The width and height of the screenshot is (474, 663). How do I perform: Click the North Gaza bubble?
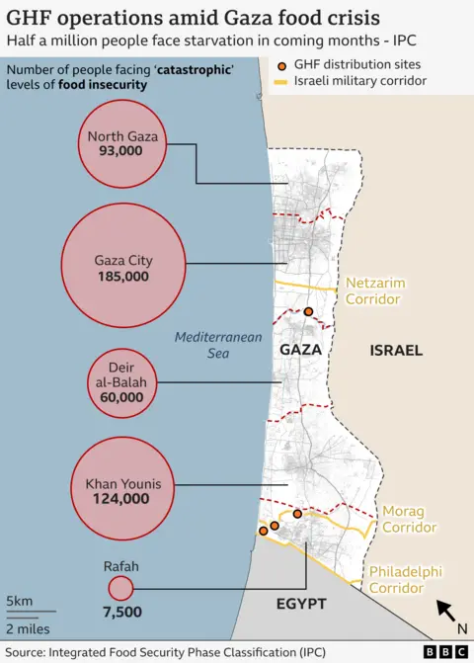coord(121,144)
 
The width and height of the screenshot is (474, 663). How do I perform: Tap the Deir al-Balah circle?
coord(121,381)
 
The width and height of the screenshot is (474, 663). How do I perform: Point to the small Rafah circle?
coord(120,589)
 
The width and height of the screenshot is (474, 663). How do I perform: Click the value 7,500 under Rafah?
coord(120,612)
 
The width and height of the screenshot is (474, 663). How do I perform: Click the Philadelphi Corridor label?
coord(405,580)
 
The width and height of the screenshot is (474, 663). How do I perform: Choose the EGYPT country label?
coord(302,604)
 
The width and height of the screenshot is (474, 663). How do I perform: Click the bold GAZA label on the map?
coord(301,351)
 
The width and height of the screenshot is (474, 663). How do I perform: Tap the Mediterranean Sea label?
coord(218,345)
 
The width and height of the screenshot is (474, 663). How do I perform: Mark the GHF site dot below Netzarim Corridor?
coord(309,312)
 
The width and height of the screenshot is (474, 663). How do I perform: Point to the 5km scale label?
coord(19,602)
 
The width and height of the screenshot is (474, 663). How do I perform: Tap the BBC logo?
coord(445,652)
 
